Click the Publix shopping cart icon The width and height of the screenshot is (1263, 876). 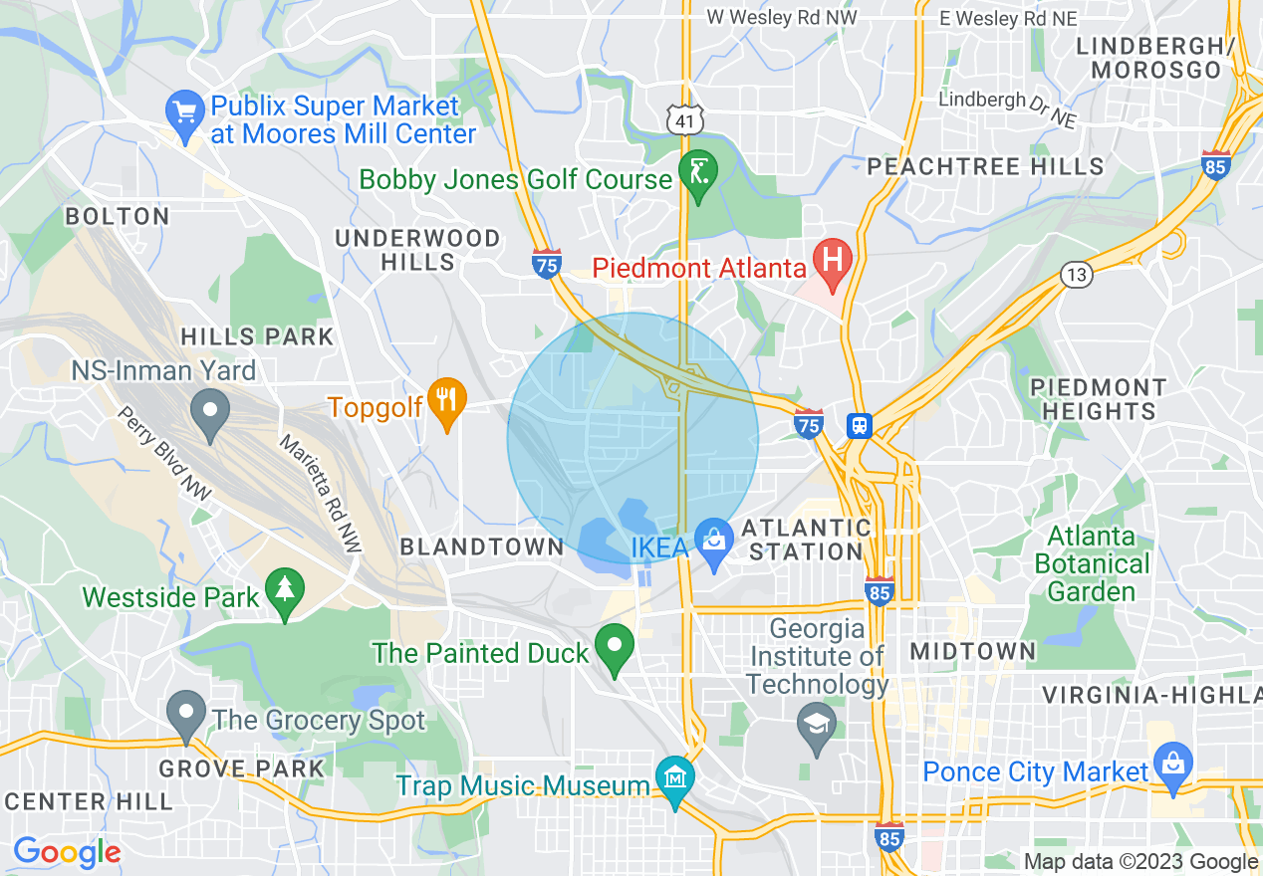click(185, 111)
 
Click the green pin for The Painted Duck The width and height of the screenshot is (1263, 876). click(615, 647)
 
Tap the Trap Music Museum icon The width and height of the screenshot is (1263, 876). click(675, 779)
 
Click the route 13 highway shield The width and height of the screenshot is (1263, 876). click(1076, 274)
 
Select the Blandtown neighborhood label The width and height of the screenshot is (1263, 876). click(481, 547)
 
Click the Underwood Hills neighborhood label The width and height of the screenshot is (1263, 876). click(418, 250)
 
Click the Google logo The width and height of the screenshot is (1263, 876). click(67, 851)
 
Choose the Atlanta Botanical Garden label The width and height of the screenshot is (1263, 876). click(1092, 563)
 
